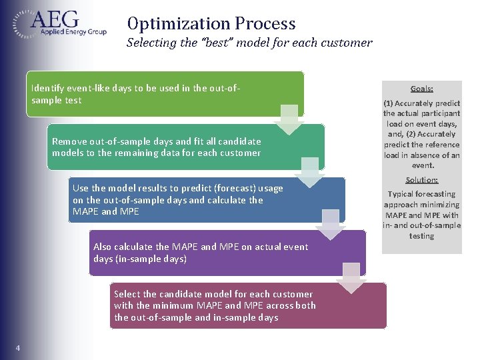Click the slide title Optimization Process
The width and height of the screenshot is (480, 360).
211,24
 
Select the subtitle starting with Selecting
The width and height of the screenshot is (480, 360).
249,43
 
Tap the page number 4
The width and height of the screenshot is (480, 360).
17,347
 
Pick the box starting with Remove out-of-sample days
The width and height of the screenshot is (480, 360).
187,147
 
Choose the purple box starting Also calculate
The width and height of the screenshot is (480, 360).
227,253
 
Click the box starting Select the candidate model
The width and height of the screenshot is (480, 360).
247,305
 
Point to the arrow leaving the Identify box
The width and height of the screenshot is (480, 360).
289,119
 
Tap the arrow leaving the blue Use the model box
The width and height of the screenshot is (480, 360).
331,225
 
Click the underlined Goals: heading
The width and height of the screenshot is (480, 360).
422,88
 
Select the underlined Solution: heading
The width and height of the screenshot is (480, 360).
422,180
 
